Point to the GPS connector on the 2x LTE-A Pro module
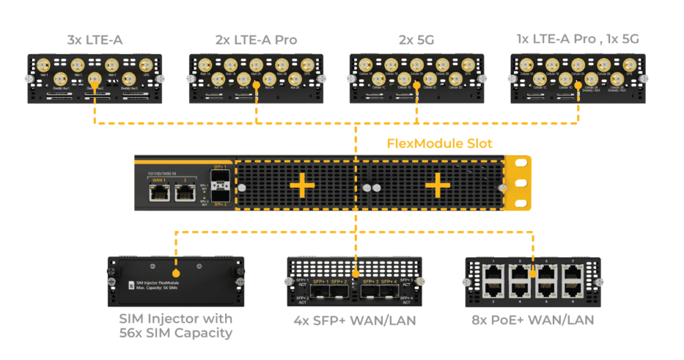pos(307,65)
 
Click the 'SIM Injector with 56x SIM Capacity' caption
pos(175,326)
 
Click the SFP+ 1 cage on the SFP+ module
pos(319,292)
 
